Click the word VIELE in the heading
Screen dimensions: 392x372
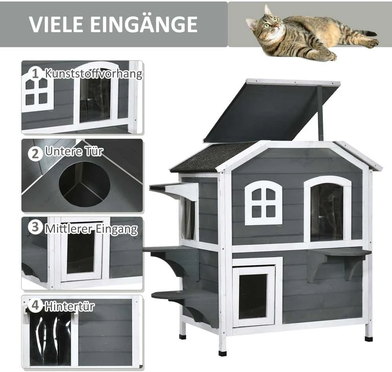click(56, 24)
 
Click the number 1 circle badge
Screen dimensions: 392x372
click(35, 73)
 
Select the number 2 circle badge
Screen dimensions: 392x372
click(35, 153)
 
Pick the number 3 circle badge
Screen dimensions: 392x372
click(35, 227)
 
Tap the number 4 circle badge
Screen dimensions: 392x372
click(35, 305)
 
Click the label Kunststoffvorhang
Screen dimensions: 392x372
click(94, 74)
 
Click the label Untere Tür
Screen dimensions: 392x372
click(74, 151)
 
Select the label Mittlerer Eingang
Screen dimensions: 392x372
click(91, 229)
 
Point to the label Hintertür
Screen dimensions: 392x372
click(69, 306)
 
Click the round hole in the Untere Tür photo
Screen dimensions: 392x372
click(85, 184)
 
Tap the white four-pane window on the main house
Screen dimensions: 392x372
click(263, 203)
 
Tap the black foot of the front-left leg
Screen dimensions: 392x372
click(222, 353)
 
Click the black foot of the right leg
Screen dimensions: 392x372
click(368, 339)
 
